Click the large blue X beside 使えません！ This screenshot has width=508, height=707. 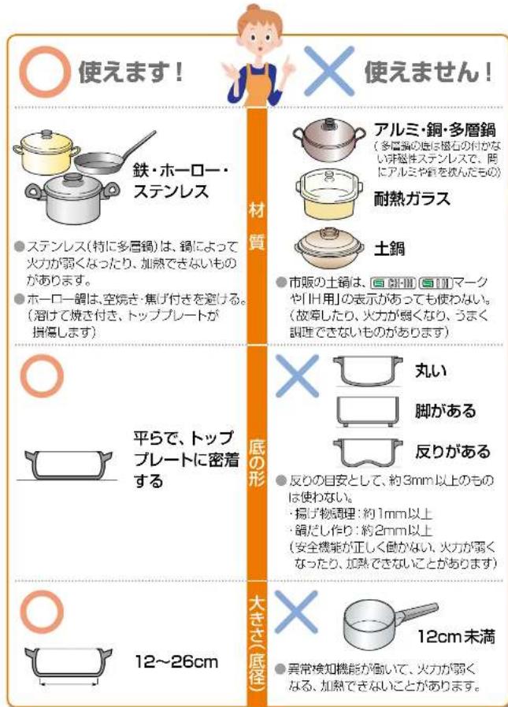(328, 72)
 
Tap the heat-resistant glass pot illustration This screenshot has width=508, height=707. (325, 193)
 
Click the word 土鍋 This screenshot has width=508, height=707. (388, 249)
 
